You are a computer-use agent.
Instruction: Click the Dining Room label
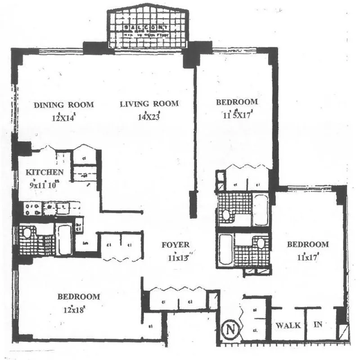pos(64,105)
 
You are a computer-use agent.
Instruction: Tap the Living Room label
pos(149,104)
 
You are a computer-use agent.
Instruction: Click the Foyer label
pos(176,245)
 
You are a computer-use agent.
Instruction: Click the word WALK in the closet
pos(288,325)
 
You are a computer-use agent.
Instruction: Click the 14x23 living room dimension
pos(149,117)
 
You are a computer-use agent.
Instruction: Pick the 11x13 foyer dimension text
pos(178,258)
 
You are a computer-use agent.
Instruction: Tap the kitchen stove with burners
pos(34,208)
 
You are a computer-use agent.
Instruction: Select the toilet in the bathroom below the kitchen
pos(27,234)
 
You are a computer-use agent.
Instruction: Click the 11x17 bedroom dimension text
pos(308,258)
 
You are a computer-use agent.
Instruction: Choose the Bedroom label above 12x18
pos(78,297)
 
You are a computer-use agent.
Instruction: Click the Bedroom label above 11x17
pos(308,245)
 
